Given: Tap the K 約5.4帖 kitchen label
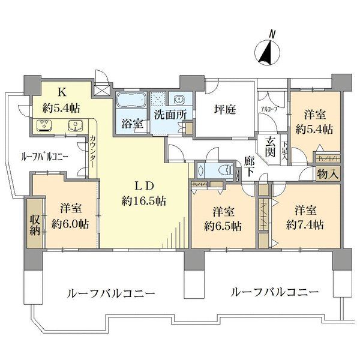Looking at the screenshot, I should pyautogui.click(x=62, y=100).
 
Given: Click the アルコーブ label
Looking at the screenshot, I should pyautogui.click(x=268, y=109).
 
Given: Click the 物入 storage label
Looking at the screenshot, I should pyautogui.click(x=328, y=174).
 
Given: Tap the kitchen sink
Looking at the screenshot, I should pyautogui.click(x=76, y=125).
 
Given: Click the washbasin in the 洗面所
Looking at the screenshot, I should pyautogui.click(x=179, y=99).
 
